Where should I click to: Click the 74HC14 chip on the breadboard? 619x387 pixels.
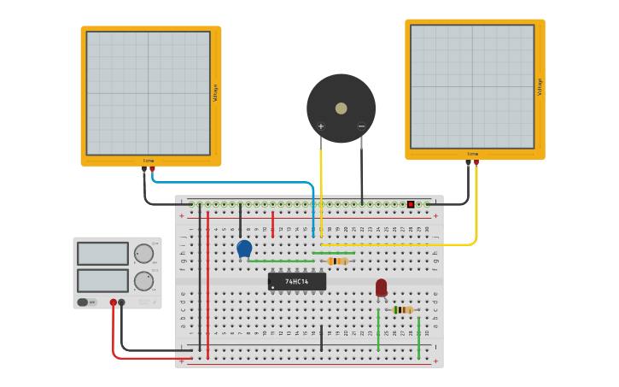(296, 281)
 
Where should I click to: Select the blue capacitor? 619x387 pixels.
(244, 249)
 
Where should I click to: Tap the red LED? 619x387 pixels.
(381, 288)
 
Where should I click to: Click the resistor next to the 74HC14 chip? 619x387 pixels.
(338, 261)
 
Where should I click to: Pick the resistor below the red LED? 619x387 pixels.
(403, 309)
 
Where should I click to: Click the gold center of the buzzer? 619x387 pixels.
(342, 108)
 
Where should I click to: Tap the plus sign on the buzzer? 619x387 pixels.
(321, 126)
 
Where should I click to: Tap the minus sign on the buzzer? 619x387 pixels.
(361, 126)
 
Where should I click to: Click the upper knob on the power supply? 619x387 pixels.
(143, 254)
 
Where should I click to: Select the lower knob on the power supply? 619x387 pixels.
(143, 281)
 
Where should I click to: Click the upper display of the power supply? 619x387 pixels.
(102, 254)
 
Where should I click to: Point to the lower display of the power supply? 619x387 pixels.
(102, 280)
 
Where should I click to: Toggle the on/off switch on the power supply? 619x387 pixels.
(84, 302)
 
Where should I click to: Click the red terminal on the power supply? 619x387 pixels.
(113, 302)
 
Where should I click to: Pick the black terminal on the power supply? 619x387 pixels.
(121, 302)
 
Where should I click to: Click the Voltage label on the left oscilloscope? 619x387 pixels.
(215, 92)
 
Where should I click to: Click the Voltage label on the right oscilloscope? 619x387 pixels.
(540, 86)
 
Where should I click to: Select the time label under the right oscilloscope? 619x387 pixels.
(473, 155)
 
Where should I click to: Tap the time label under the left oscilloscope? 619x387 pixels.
(149, 161)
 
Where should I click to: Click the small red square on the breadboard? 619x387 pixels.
(411, 205)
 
